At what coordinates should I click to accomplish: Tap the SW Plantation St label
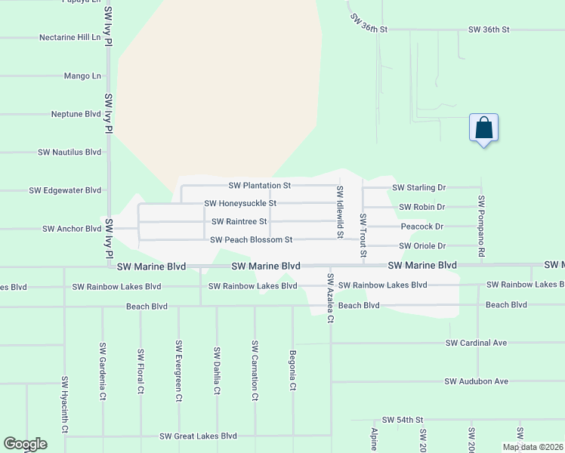[x=260, y=185]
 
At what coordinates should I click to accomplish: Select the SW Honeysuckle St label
[x=240, y=203]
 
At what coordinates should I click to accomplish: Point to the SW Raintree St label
[x=239, y=221]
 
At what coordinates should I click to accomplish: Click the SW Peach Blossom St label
[x=251, y=240]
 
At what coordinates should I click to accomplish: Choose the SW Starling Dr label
[x=419, y=187]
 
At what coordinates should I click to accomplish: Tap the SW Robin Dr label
[x=422, y=207]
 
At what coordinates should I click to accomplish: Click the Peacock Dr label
[x=421, y=226]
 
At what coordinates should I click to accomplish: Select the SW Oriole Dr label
[x=422, y=245]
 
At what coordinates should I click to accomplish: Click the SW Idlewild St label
[x=340, y=212]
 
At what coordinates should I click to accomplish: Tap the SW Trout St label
[x=363, y=236]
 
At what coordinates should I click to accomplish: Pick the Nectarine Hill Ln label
[x=69, y=37]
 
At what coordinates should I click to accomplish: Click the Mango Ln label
[x=83, y=76]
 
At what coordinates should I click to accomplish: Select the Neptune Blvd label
[x=76, y=114]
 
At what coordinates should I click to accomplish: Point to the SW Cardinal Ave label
[x=476, y=343]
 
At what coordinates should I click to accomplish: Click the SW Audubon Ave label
[x=477, y=381]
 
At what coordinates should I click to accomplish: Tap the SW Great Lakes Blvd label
[x=198, y=436]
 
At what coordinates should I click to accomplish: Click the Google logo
[x=25, y=444]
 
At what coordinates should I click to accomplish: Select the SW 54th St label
[x=403, y=419]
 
